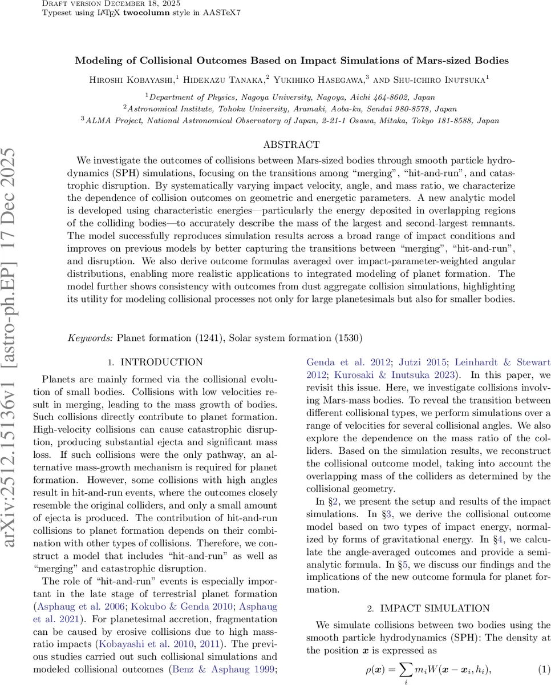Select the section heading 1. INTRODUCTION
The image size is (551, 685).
(155, 362)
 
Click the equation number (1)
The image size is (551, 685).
(544, 668)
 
